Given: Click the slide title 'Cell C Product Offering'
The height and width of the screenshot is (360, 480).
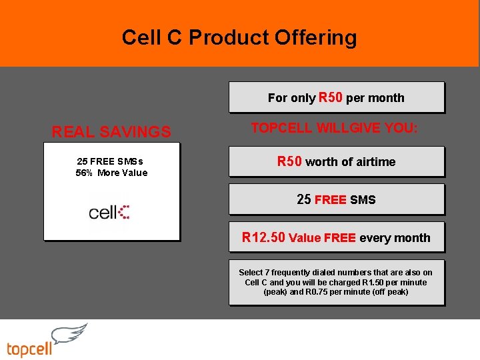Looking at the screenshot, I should [239, 37].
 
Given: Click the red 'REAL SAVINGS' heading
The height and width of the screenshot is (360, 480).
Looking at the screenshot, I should [111, 132].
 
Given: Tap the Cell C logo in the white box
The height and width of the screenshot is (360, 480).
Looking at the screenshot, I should [109, 213].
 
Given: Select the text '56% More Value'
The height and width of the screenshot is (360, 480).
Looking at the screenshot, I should [111, 173].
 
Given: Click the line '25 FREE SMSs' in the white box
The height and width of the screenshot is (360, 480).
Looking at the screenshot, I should [110, 161].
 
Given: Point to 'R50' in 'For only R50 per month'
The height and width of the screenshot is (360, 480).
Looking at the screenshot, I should [331, 97].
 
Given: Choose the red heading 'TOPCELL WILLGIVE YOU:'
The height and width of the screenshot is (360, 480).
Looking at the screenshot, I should [335, 127].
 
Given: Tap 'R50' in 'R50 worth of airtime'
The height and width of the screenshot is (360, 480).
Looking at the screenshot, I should [289, 161].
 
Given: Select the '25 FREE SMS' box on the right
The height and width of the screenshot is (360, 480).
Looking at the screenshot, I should [336, 199].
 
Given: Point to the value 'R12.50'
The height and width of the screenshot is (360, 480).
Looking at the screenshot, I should [263, 237].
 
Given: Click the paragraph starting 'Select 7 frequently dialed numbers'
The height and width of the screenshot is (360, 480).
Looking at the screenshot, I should [336, 282].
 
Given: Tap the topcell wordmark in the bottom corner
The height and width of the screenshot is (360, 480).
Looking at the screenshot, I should [29, 348].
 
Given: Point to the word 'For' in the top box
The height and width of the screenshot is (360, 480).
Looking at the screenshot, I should [277, 98].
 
